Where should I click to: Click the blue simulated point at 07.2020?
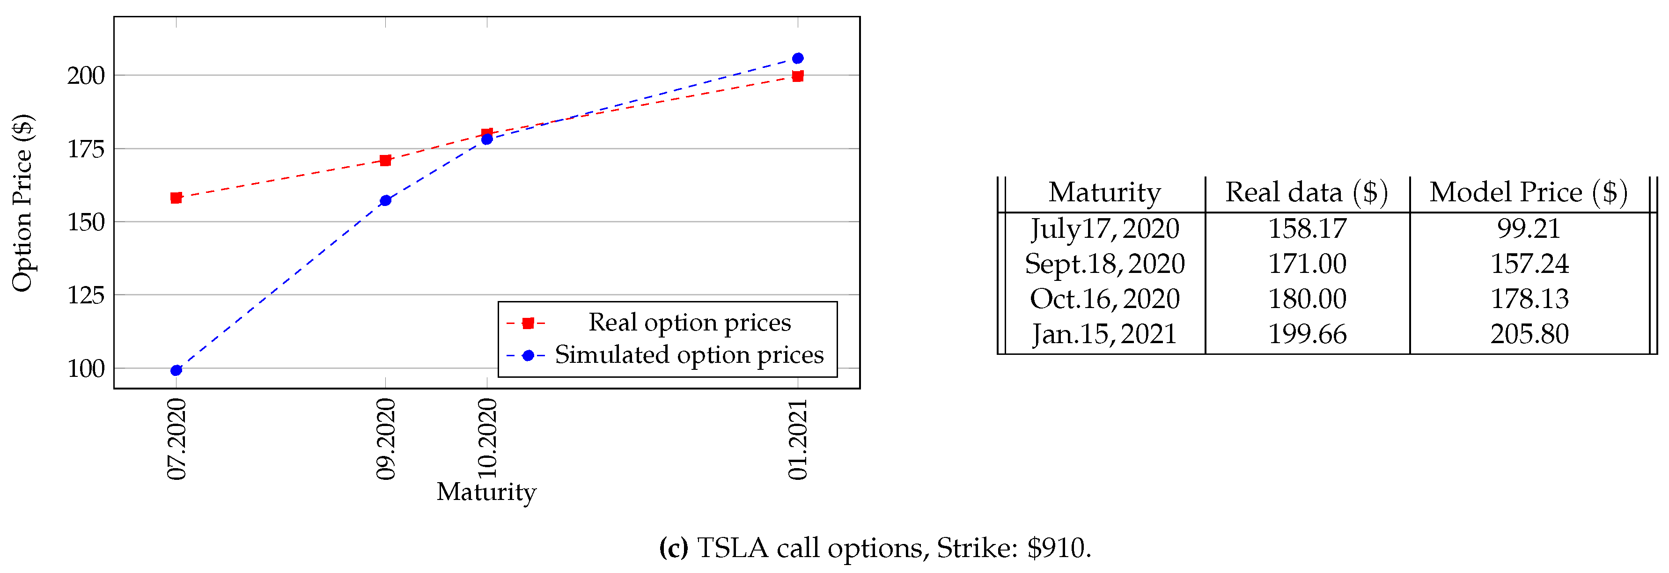tap(176, 370)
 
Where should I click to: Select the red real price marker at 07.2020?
tap(176, 198)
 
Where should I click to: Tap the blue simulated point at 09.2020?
tap(385, 200)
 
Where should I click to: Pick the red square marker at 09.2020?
tap(385, 160)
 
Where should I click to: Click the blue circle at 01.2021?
tap(798, 59)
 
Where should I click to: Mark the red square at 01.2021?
tap(798, 76)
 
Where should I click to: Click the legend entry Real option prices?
tap(689, 322)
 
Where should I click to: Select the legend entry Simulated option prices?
tap(689, 354)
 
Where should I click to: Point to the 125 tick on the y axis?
tap(86, 295)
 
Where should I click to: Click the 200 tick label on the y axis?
tap(86, 76)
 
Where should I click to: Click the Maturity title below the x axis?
tap(486, 492)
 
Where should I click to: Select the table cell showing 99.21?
tap(1529, 228)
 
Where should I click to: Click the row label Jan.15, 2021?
tap(1104, 334)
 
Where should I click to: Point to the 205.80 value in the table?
tap(1529, 334)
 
